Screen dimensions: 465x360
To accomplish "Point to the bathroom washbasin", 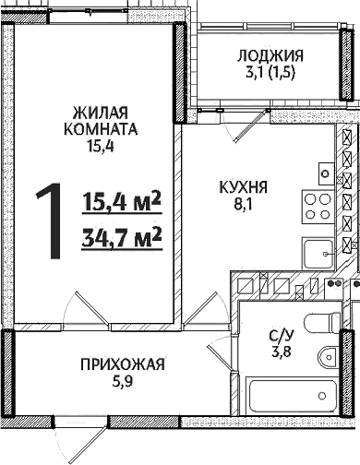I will point(328,359).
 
